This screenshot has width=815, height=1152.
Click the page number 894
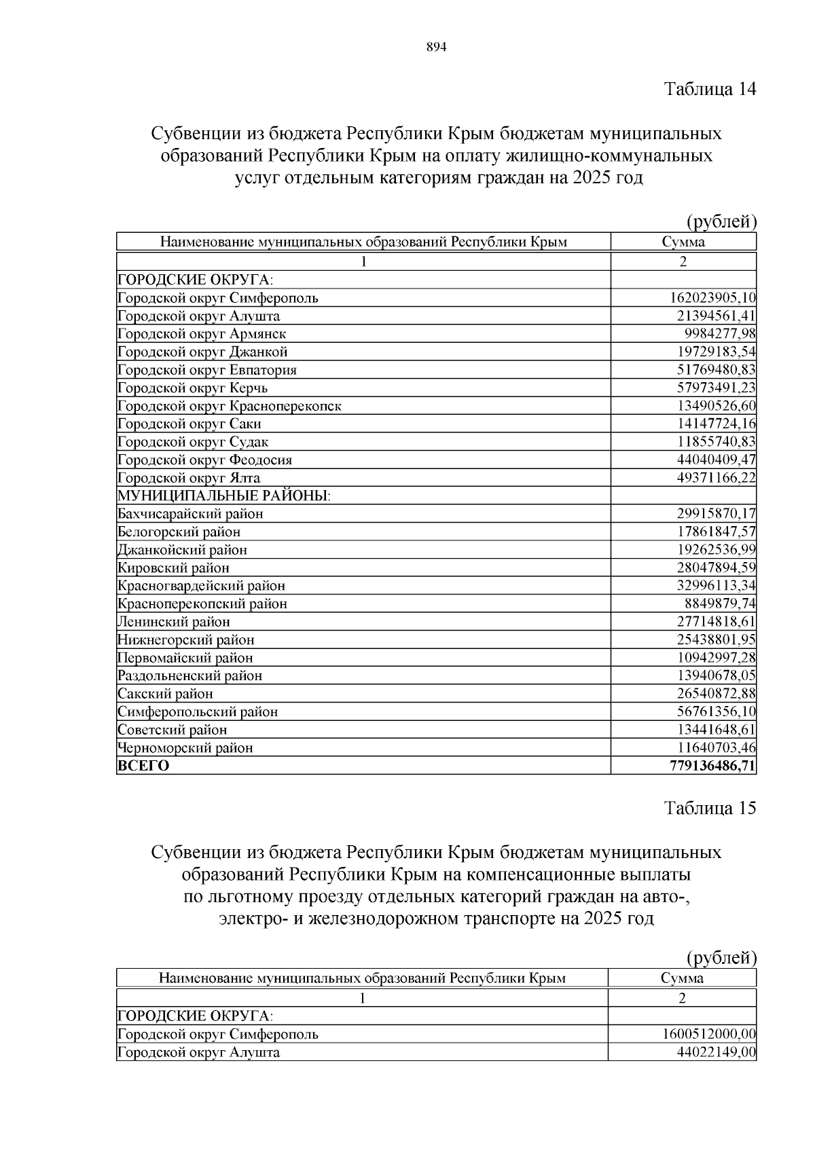tap(436, 48)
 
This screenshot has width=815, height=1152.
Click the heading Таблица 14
tap(710, 89)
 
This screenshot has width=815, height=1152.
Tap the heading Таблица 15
tap(710, 808)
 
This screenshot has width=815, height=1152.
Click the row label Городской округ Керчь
tap(193, 388)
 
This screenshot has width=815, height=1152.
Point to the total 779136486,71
tap(712, 766)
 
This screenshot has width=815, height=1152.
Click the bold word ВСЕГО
tap(143, 766)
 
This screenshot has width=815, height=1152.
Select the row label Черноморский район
tap(185, 748)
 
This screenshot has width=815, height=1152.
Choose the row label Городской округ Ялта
tap(189, 478)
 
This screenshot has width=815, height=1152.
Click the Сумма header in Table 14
tap(683, 242)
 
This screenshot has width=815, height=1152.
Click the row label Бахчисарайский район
tap(190, 514)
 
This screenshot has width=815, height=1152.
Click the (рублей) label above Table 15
tap(721, 958)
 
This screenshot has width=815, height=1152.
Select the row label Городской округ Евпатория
tap(207, 370)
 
